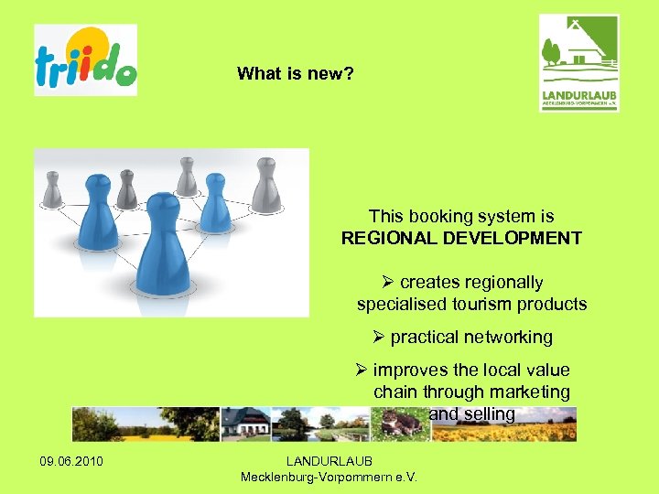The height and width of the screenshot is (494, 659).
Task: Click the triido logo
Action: [86, 60]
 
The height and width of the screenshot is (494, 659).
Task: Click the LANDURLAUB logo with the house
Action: [578, 63]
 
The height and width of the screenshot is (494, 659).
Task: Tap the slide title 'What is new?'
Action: [295, 73]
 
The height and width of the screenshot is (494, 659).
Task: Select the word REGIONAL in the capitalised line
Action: [388, 239]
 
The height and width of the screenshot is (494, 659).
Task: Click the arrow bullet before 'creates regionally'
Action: [388, 283]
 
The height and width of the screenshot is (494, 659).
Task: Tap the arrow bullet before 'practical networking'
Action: [379, 338]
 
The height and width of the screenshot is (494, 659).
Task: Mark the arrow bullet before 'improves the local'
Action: [362, 370]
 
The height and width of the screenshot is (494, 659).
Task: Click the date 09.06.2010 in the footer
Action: [71, 460]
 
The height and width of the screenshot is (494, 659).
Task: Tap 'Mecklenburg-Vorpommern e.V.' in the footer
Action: [329, 477]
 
